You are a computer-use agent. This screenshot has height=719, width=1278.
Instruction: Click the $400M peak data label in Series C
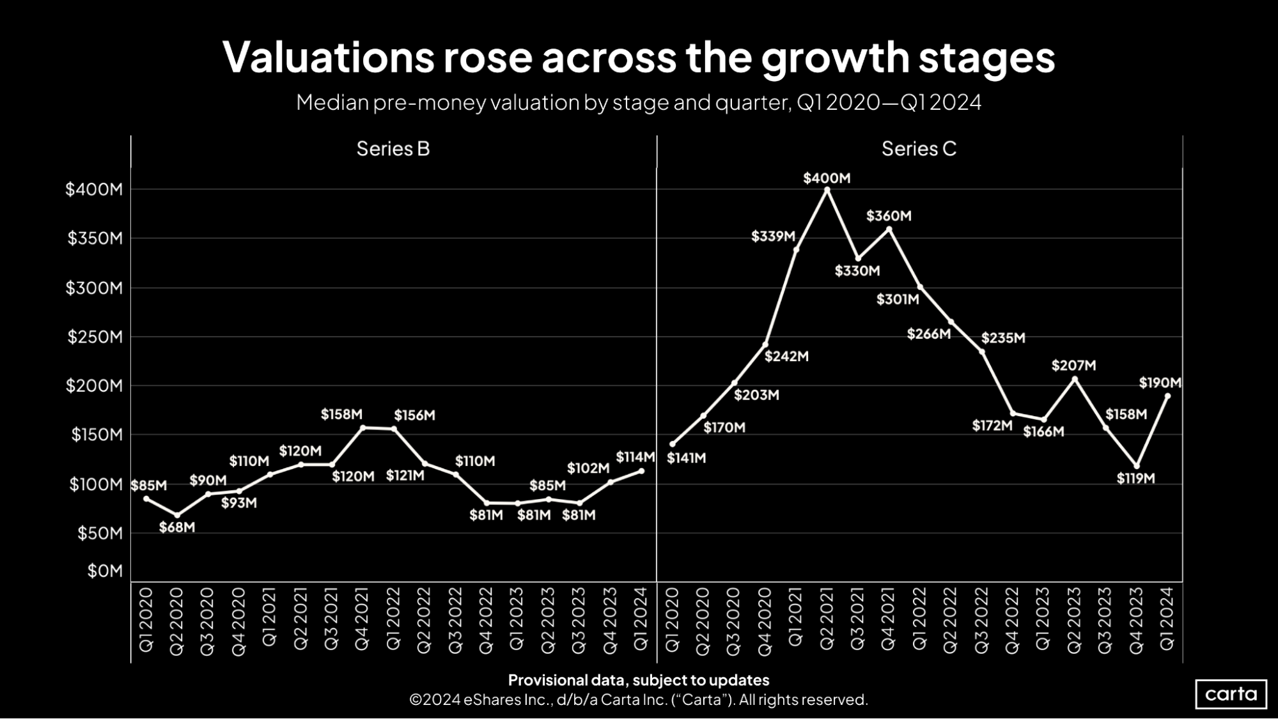[827, 178]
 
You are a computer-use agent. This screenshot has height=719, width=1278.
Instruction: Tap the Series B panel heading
[393, 149]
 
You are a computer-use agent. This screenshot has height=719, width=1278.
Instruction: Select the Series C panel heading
[919, 149]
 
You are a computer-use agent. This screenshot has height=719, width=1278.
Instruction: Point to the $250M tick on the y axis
[95, 337]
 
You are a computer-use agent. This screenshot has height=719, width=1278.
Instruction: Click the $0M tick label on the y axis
[105, 571]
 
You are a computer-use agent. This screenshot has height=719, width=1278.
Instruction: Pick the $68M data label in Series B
[176, 528]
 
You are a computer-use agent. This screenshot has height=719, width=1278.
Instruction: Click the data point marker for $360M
[889, 229]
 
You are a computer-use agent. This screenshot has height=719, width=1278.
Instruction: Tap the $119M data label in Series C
[1135, 479]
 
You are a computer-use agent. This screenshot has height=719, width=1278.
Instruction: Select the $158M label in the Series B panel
[341, 415]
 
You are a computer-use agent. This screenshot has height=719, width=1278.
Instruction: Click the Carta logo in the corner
[1231, 694]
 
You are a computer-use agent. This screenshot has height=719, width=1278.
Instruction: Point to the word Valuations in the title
[328, 58]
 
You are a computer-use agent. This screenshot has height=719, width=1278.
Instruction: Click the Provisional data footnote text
[638, 680]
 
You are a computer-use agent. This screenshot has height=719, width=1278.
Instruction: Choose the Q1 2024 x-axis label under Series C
[1167, 619]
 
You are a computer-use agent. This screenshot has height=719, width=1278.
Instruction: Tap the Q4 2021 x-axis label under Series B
[362, 619]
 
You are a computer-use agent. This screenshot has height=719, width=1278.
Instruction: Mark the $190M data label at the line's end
[1160, 383]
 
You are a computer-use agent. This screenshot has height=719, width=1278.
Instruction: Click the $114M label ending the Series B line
[635, 457]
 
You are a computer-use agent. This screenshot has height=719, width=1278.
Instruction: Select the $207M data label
[1073, 366]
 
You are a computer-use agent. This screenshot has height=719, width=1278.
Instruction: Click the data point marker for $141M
[672, 444]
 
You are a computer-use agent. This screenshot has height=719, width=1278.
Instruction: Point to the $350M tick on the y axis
[95, 238]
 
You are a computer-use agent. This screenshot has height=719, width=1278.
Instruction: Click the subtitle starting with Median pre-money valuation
[638, 103]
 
